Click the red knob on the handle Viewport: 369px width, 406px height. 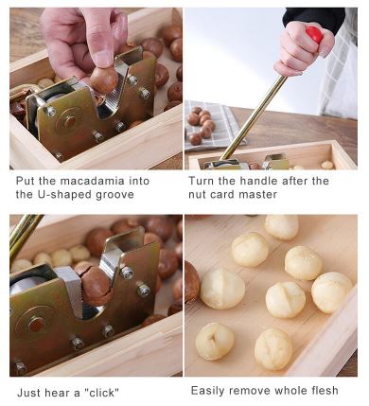click(x=314, y=34)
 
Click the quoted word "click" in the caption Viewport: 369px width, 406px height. click(x=101, y=393)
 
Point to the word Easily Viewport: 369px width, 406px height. click(x=208, y=391)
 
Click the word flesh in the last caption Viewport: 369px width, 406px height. click(x=325, y=391)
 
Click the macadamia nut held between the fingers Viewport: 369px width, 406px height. click(x=104, y=80)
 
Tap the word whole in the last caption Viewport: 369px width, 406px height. click(x=290, y=391)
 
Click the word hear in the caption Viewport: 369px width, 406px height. click(x=57, y=393)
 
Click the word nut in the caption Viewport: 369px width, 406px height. click(x=197, y=195)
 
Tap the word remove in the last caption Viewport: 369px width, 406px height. click(x=250, y=391)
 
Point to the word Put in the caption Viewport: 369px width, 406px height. click(x=25, y=181)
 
